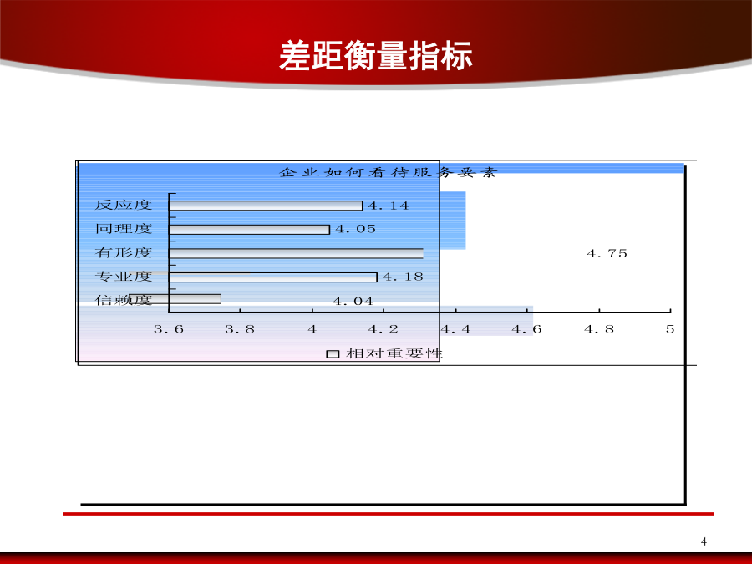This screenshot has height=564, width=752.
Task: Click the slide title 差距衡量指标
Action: (x=376, y=56)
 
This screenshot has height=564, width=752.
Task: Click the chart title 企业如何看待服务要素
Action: (x=388, y=172)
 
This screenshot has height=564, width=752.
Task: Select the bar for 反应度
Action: (x=266, y=206)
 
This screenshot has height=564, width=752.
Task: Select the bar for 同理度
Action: (x=249, y=230)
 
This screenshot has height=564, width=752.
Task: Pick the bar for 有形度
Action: (x=296, y=253)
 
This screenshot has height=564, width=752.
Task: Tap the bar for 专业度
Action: (x=273, y=277)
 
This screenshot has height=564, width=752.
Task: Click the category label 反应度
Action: (x=124, y=205)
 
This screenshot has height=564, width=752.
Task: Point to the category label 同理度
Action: (x=124, y=229)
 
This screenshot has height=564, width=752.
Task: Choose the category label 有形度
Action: (x=124, y=252)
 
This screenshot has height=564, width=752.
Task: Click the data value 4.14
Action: (x=389, y=206)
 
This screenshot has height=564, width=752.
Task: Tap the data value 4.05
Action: (x=355, y=229)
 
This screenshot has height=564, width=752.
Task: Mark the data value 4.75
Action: (x=607, y=253)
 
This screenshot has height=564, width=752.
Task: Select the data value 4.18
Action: (x=403, y=277)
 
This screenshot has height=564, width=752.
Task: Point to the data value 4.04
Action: (x=353, y=301)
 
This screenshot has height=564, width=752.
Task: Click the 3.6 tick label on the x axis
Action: (x=168, y=329)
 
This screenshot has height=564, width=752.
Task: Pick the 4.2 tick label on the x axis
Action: (x=384, y=329)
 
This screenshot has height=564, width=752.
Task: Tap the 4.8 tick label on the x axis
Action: (x=599, y=329)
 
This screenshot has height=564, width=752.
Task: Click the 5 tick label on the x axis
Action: (x=670, y=329)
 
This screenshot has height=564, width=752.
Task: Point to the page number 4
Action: (x=704, y=541)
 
